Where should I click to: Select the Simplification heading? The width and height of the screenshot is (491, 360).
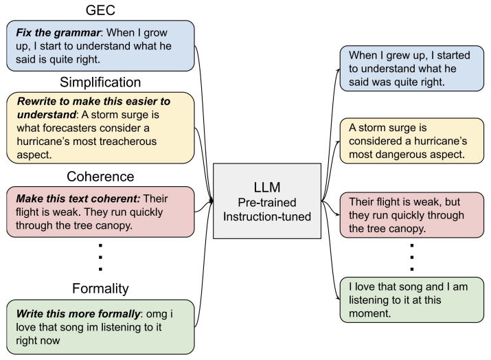click(x=101, y=82)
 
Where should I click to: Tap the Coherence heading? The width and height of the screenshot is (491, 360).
click(x=101, y=177)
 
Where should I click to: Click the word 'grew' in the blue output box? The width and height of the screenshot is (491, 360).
click(x=393, y=54)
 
